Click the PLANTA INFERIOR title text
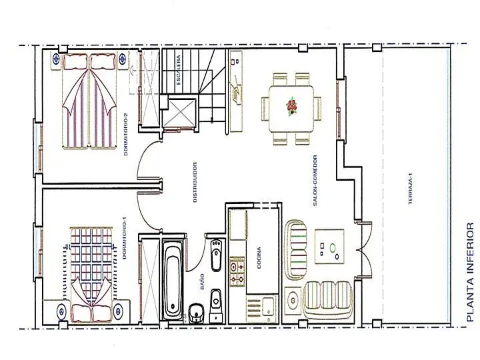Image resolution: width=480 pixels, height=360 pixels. [x=471, y=272]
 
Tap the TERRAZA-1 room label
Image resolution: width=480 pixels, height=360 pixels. [x=411, y=189]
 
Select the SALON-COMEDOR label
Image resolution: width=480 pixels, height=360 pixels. [x=315, y=180]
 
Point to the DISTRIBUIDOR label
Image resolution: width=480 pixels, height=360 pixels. [x=195, y=182]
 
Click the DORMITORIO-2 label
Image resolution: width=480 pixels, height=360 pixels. [x=125, y=135]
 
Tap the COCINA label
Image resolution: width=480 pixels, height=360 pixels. [x=259, y=258]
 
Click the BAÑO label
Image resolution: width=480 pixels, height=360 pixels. [x=203, y=282]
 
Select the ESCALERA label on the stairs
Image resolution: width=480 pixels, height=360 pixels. [x=178, y=70]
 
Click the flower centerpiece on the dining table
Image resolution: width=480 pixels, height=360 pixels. [x=291, y=107]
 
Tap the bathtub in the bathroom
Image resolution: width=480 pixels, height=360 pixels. [x=173, y=281]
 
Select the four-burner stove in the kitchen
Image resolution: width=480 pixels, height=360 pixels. [x=237, y=272]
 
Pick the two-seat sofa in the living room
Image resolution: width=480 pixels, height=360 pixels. [x=295, y=249]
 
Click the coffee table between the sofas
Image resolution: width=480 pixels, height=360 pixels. [x=330, y=247]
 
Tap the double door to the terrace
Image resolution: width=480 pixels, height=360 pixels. [x=364, y=251]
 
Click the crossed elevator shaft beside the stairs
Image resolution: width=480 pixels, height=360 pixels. [x=179, y=113]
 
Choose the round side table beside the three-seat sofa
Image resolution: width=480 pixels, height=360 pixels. [x=293, y=300]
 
